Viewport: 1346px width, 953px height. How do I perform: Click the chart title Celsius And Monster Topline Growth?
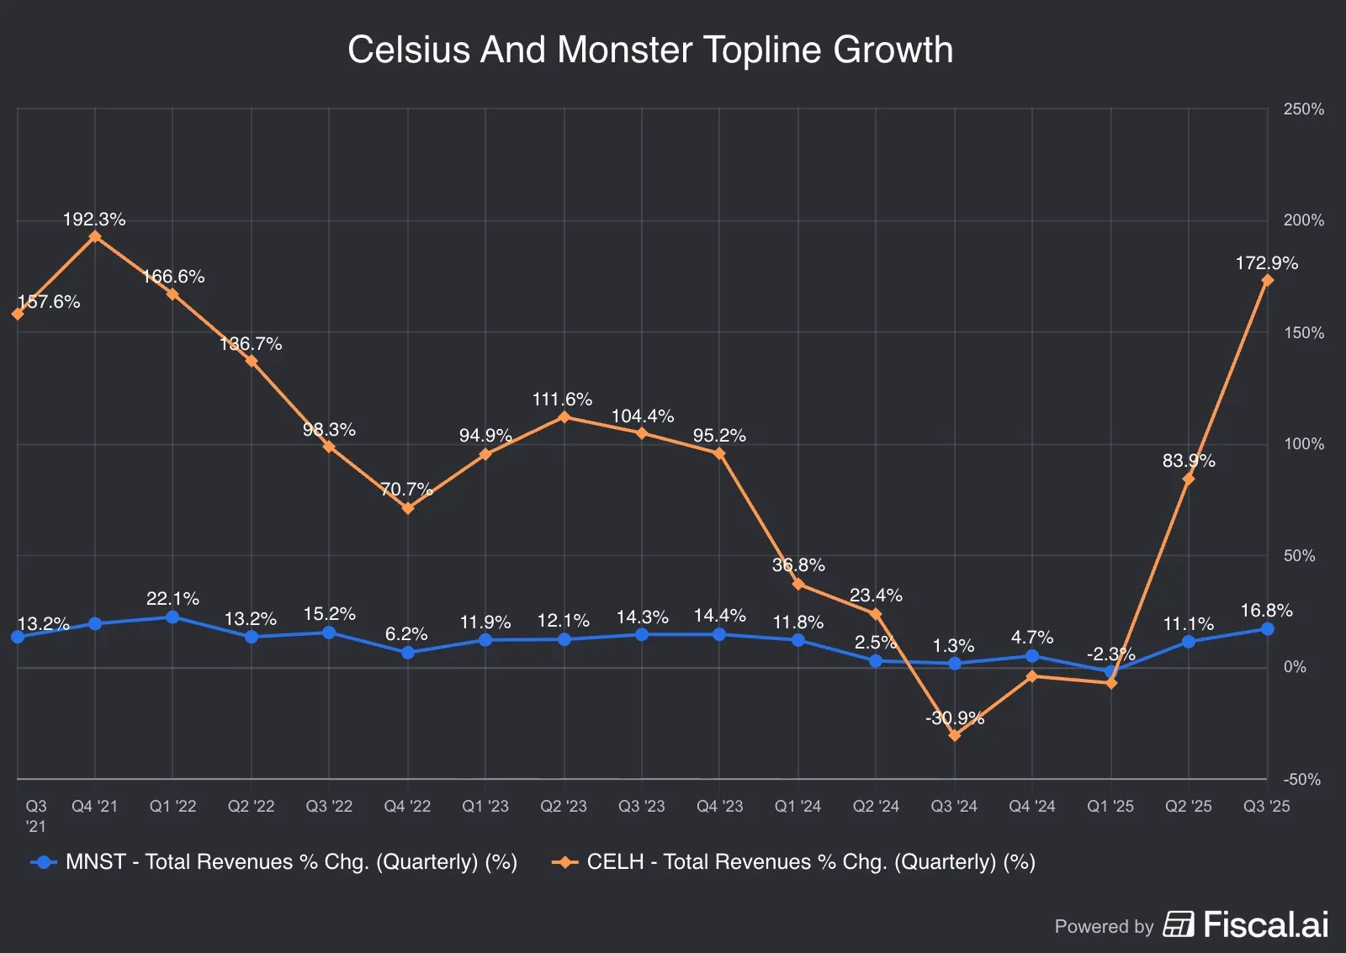[649, 50]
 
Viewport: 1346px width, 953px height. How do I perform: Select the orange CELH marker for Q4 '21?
[95, 236]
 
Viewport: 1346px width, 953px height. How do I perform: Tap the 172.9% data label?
[1266, 263]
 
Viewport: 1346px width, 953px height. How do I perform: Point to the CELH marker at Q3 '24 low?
[954, 736]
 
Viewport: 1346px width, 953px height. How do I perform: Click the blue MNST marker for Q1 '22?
[172, 617]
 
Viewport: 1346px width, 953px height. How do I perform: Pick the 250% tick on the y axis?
[1303, 109]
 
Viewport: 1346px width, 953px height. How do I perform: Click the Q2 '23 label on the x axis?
[563, 807]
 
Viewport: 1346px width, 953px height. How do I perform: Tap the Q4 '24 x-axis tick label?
[1031, 807]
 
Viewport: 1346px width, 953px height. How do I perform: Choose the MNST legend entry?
[274, 862]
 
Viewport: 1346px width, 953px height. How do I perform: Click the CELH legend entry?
[794, 862]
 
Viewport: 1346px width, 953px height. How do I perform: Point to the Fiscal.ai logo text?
[1264, 924]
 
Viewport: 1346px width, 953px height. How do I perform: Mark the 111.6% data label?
[562, 400]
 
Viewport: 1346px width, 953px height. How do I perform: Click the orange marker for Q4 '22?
[408, 508]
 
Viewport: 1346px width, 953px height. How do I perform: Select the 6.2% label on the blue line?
[406, 634]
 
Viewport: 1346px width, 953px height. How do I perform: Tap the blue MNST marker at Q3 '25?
[1267, 629]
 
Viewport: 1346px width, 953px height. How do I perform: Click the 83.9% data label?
[1188, 461]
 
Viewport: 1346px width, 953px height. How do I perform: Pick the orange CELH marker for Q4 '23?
[719, 453]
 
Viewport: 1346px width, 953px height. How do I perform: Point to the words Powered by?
[1104, 927]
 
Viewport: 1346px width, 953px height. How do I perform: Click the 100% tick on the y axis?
[1303, 444]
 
